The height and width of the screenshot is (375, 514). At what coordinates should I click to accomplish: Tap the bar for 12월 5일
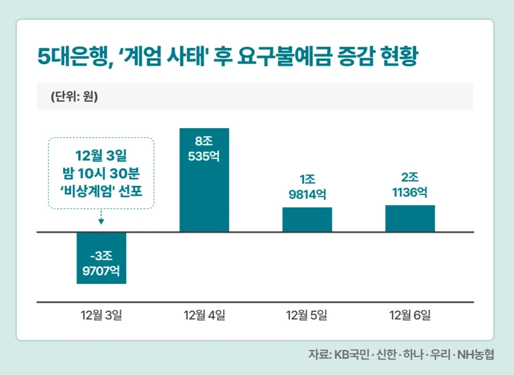307,219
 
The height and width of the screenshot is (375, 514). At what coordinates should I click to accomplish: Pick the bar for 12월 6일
410,218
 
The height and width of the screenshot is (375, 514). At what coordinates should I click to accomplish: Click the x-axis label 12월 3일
101,315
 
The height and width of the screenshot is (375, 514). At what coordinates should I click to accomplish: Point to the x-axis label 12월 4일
204,315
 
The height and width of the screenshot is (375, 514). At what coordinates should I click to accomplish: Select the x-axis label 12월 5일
307,315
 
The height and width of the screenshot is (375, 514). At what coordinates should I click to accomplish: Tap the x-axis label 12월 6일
410,315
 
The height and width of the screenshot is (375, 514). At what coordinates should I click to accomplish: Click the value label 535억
204,158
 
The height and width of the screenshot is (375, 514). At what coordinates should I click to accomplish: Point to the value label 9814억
307,194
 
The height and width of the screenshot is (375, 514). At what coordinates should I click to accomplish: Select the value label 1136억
410,192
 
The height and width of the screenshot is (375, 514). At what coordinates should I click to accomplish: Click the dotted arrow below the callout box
101,217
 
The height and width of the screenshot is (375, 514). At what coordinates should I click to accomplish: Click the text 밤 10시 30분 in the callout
101,173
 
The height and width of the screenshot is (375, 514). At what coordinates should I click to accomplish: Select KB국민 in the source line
352,355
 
